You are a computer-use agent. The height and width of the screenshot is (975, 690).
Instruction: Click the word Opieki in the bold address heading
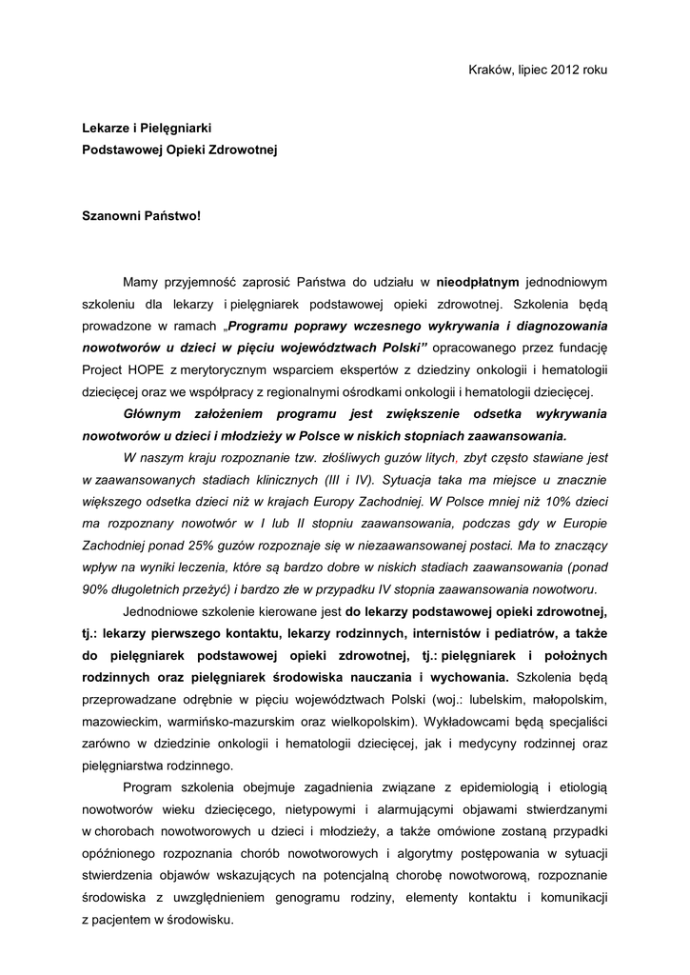coord(194,150)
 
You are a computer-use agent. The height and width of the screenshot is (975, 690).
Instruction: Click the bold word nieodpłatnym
coord(477,282)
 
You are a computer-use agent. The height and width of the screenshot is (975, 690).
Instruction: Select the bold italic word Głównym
coord(155,414)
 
